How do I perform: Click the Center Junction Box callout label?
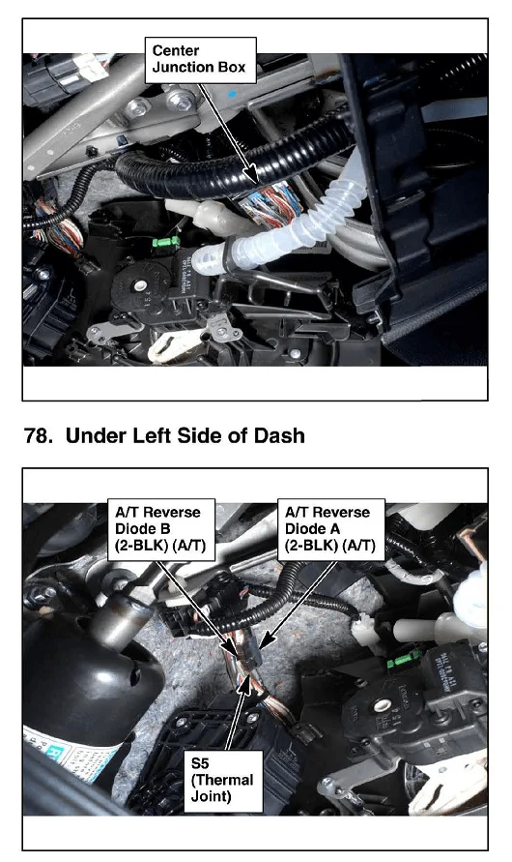200,60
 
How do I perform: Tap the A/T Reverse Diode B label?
160,529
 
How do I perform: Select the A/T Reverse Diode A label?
331,529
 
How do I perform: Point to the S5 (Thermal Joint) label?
223,781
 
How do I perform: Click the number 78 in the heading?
36,436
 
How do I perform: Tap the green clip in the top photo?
166,242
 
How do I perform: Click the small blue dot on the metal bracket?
233,94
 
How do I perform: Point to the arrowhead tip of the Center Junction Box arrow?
257,184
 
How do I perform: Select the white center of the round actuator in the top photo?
141,285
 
